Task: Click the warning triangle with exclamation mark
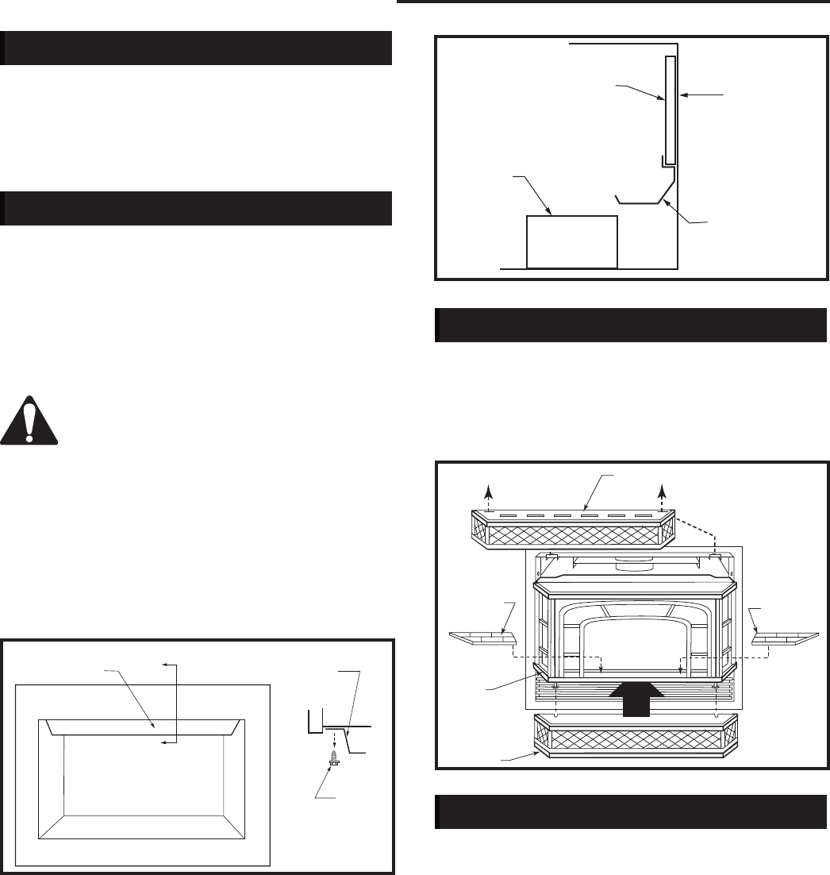[29, 421]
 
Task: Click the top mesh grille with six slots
[571, 528]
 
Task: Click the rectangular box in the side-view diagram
[572, 241]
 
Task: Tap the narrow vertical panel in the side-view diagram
[671, 107]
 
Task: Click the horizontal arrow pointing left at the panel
[702, 94]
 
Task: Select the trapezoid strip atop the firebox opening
[143, 727]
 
